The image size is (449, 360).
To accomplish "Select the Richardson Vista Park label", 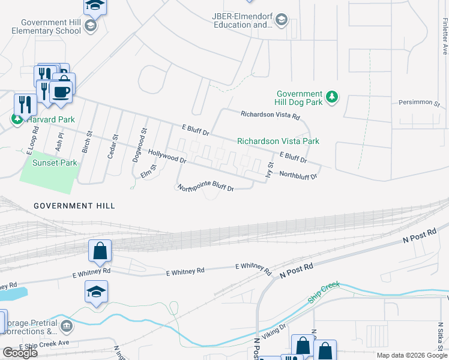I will (278, 141).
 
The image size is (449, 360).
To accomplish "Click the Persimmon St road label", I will (420, 103).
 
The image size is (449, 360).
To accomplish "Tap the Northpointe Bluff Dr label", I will (205, 187).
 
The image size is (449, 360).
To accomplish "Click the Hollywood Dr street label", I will (167, 157).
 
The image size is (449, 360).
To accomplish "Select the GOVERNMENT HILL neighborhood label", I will (74, 206).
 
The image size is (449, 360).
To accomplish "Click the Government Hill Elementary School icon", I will (90, 26).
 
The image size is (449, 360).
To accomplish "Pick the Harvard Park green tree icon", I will (17, 119).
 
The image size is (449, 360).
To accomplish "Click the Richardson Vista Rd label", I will (270, 115).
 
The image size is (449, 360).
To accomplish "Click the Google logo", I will (19, 352).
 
